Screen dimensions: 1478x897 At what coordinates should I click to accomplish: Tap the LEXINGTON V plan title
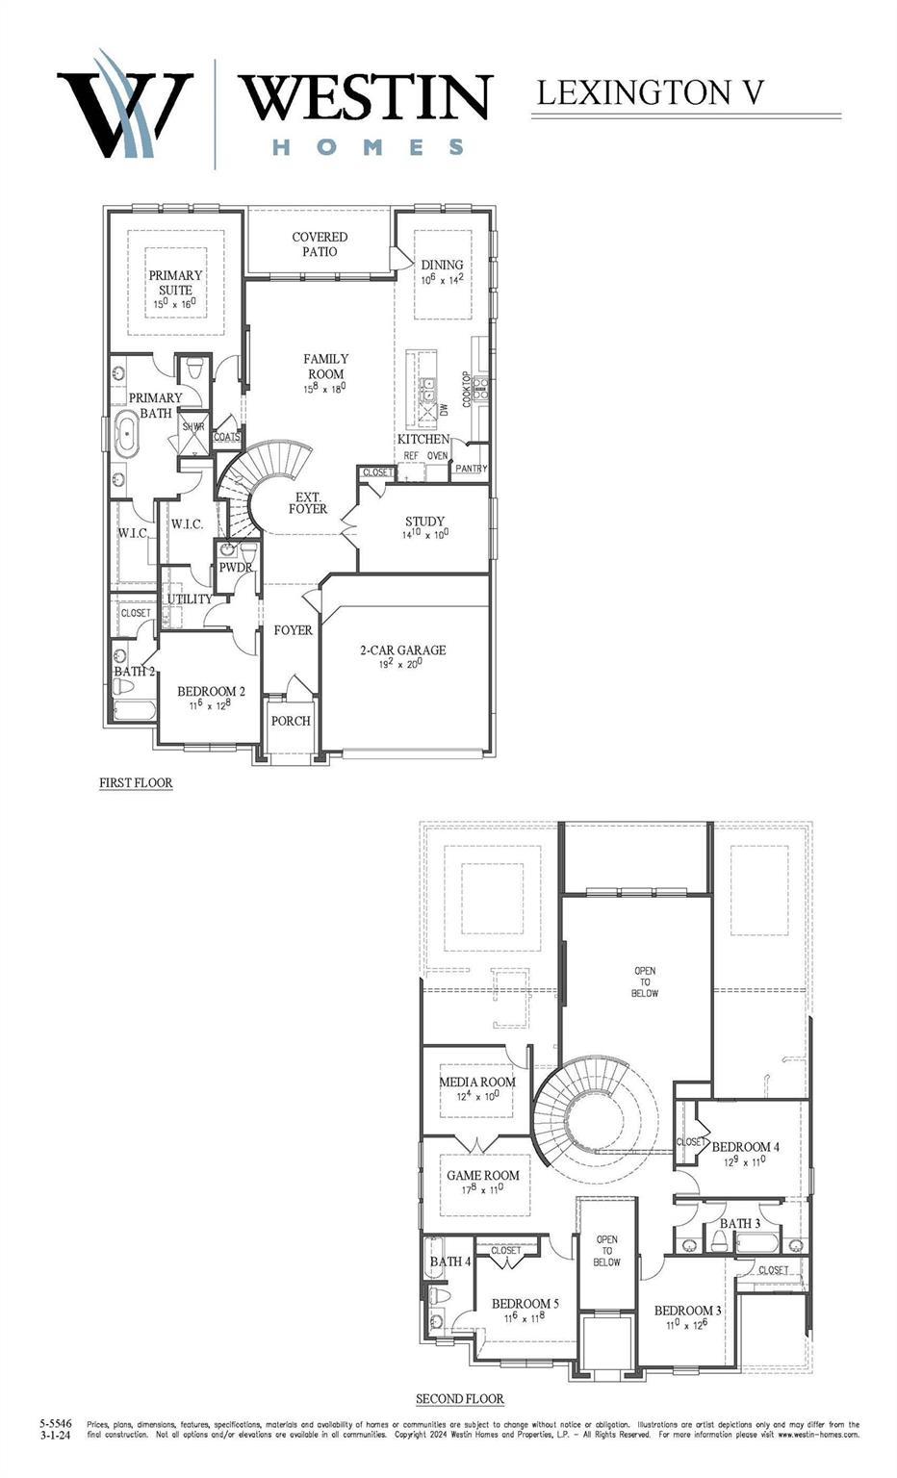(650, 93)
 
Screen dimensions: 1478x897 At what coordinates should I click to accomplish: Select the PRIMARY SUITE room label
(175, 282)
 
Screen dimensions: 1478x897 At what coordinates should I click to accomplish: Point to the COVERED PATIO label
(320, 243)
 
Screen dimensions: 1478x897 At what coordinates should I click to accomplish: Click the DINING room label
(442, 265)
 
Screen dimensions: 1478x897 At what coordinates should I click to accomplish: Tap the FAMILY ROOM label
(326, 367)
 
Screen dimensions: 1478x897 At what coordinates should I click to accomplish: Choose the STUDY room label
(424, 522)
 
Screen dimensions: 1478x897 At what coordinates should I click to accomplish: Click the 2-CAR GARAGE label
(402, 650)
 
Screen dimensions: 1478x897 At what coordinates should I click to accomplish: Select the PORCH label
(291, 721)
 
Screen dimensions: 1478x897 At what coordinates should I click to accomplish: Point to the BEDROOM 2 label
(211, 691)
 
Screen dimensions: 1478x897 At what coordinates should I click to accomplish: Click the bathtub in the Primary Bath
(126, 434)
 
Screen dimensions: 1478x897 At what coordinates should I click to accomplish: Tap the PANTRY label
(471, 469)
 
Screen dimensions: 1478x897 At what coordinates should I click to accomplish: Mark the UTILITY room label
(190, 599)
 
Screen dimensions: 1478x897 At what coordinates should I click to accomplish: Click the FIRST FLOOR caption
(136, 783)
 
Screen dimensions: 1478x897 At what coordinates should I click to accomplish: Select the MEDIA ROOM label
(477, 1082)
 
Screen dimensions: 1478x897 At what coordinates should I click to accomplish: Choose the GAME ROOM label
(482, 1175)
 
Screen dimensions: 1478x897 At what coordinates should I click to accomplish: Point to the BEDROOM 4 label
(745, 1146)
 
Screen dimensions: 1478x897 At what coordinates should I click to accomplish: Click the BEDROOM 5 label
(525, 1304)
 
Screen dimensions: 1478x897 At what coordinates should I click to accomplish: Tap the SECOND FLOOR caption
(459, 1398)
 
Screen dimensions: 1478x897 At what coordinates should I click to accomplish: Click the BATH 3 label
(740, 1223)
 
